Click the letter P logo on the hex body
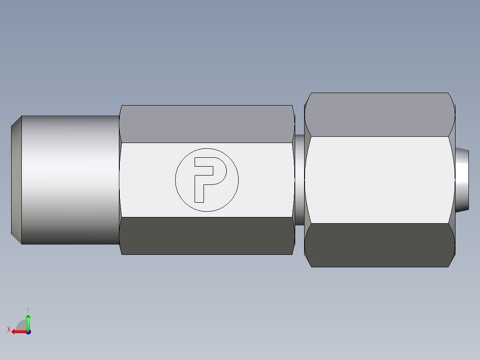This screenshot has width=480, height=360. [207, 180]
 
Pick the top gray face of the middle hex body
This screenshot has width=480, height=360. [207, 124]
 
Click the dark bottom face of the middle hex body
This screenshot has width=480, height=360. [207, 236]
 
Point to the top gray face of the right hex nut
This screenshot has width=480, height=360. [379, 115]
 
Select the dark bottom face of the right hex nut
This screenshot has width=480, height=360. [379, 245]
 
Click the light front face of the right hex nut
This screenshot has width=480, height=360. [379, 180]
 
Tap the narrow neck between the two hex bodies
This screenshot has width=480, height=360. [300, 180]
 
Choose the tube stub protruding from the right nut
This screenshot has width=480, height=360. [462, 180]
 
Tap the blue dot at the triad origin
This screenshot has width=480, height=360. [28, 331]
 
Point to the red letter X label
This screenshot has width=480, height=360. [8, 329]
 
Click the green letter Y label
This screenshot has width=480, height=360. [28, 309]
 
